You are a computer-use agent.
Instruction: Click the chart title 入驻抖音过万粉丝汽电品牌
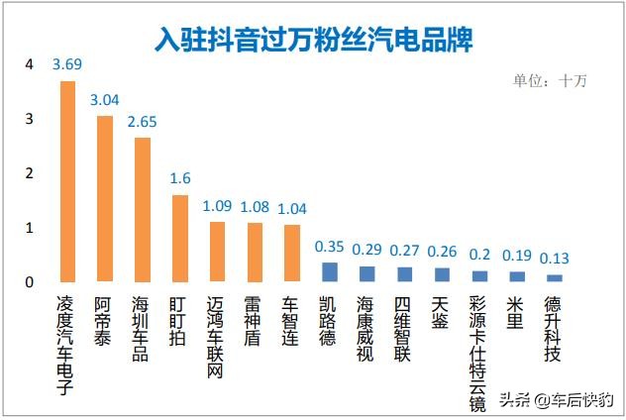click(x=313, y=39)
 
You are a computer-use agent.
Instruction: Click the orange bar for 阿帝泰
click(x=104, y=198)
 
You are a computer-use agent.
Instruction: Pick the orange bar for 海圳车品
click(x=142, y=209)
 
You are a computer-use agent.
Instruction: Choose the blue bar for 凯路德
click(x=329, y=272)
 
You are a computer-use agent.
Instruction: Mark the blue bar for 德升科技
click(x=554, y=278)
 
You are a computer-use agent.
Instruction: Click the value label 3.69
click(x=67, y=64)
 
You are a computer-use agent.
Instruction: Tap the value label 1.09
click(x=217, y=206)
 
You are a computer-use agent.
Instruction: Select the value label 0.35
click(x=329, y=245)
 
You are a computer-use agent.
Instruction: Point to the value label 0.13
click(x=554, y=258)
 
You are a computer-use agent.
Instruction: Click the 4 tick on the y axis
click(x=30, y=64)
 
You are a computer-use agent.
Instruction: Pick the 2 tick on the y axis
click(x=30, y=173)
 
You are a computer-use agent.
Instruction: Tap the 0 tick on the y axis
click(x=30, y=282)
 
